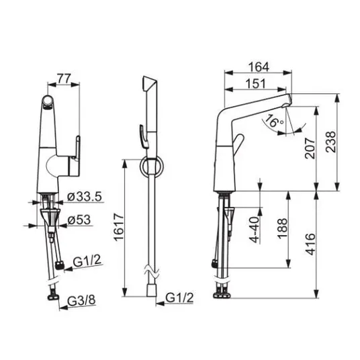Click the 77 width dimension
64,79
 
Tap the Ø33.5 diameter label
84,197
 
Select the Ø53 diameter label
79,220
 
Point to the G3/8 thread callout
81,300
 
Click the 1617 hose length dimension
119,227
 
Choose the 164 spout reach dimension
259,66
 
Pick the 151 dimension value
255,83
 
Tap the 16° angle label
274,121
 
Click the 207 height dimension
310,148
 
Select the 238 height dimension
330,142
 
